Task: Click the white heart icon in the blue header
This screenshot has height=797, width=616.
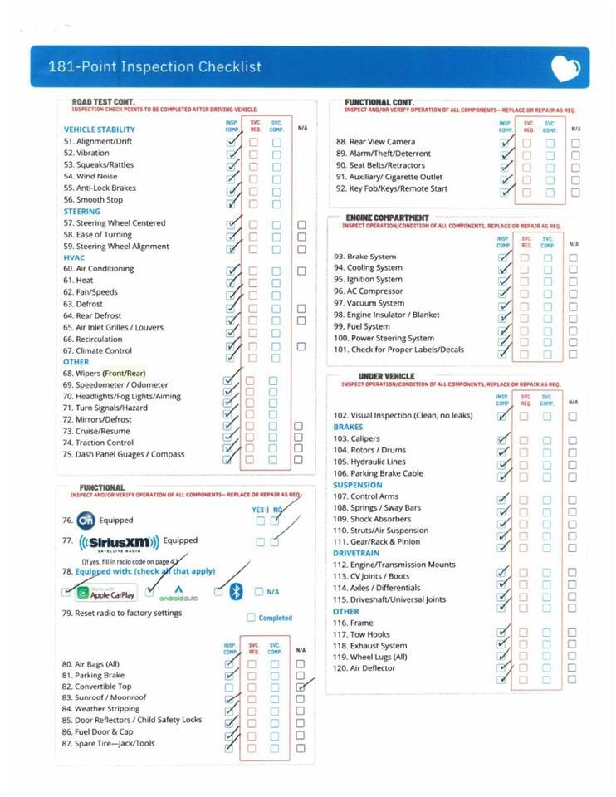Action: coord(565,68)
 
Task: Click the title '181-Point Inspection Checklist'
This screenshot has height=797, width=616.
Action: coord(154,67)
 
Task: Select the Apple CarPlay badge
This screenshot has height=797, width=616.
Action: coord(105,594)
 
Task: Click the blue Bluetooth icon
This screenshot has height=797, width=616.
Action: coord(236,592)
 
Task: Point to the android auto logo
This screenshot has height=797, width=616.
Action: coord(178,593)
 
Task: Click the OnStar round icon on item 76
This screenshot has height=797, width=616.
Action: coord(86,521)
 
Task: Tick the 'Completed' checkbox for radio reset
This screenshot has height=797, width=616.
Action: coord(251,618)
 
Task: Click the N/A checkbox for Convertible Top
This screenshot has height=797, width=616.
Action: coord(301,687)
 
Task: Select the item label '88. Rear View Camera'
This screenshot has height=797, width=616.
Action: coord(375,142)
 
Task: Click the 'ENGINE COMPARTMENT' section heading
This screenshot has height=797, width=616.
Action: coord(387,218)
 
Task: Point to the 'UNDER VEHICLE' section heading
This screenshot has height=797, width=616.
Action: coord(386,376)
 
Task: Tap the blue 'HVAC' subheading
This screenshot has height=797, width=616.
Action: coord(75,257)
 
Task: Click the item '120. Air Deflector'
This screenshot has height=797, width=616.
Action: coord(364,668)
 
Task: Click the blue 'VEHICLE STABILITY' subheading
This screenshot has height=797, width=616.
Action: coord(99,130)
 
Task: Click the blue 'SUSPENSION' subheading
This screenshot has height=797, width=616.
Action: coord(358,485)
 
